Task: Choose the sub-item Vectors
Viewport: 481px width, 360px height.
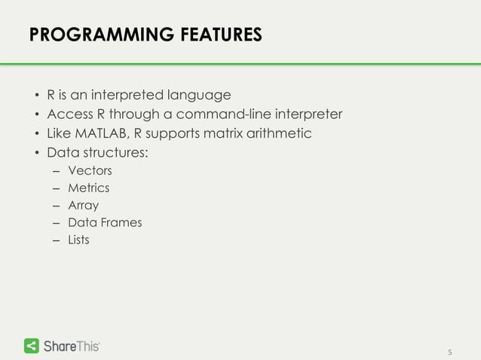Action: click(90, 171)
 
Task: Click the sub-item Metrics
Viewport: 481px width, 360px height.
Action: click(88, 188)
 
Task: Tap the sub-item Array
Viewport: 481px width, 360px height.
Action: click(83, 206)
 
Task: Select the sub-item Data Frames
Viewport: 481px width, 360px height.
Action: click(105, 223)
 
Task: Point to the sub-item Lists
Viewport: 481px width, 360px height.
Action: click(78, 240)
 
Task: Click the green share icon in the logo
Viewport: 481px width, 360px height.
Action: click(32, 346)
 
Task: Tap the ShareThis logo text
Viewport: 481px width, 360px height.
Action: click(72, 346)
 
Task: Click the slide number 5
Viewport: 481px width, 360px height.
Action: click(450, 352)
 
